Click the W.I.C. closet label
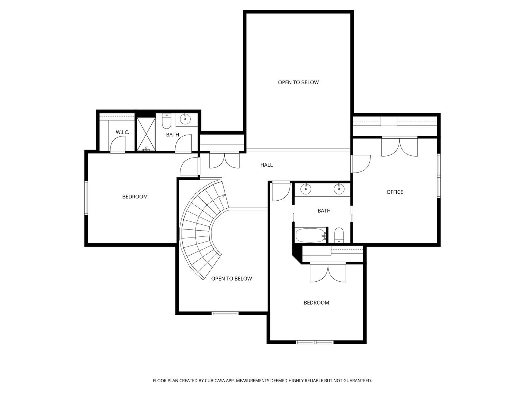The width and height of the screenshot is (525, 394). point(122,132)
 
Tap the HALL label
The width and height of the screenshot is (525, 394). point(266,165)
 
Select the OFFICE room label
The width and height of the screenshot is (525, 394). point(394,192)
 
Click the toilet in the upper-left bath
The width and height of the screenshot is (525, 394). point(167,122)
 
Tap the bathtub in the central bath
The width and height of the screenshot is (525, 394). point(310,236)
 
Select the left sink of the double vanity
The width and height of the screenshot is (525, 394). point(306,189)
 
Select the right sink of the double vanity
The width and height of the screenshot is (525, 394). point(339,189)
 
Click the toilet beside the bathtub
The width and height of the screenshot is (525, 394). point(339,235)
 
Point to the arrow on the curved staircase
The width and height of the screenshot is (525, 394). point(223,196)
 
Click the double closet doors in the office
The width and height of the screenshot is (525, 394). point(399,147)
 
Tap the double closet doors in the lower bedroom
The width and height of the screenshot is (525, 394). point(328,272)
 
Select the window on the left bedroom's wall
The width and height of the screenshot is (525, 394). point(86,198)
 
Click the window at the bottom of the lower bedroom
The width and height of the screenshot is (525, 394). point(314,342)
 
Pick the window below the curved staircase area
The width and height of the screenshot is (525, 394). point(225,313)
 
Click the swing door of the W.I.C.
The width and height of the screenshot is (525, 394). point(117,146)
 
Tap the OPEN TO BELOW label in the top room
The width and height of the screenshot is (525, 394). point(298,82)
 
